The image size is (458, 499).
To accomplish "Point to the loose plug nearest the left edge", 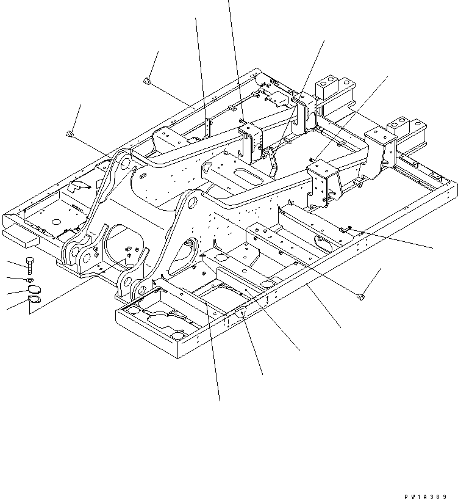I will (x=71, y=134).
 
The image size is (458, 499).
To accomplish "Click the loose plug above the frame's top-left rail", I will (x=146, y=81).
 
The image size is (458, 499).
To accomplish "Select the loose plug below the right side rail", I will (x=360, y=297).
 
